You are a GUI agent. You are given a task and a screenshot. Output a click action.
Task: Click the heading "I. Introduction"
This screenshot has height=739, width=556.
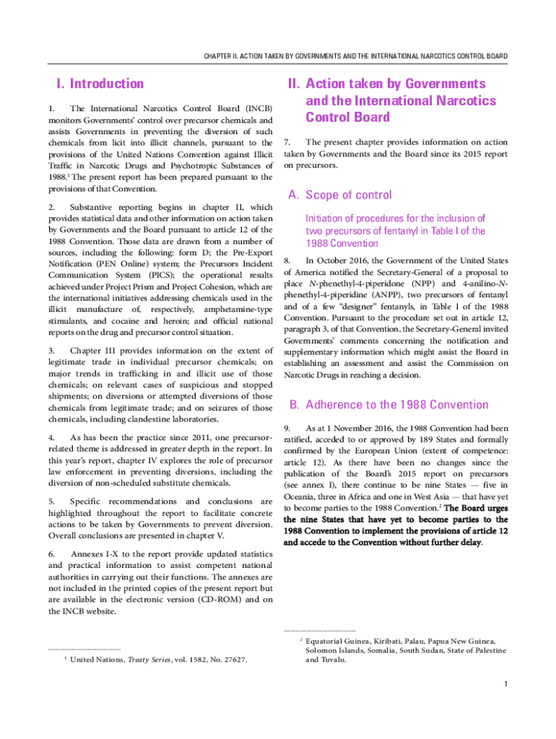pyautogui.click(x=95, y=84)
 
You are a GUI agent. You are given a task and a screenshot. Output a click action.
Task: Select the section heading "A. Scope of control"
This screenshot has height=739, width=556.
pyautogui.click(x=339, y=195)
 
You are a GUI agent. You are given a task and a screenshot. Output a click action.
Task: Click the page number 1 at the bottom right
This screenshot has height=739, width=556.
pyautogui.click(x=508, y=684)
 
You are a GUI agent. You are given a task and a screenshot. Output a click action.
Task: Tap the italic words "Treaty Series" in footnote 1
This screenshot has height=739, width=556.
pyautogui.click(x=149, y=660)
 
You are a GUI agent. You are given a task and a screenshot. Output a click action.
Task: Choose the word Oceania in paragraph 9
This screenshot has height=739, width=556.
pyautogui.click(x=299, y=497)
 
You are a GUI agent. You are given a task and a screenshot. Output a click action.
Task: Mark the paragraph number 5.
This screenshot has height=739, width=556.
pyautogui.click(x=51, y=501)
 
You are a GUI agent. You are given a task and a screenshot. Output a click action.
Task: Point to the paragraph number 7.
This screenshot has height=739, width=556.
pyautogui.click(x=287, y=142)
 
